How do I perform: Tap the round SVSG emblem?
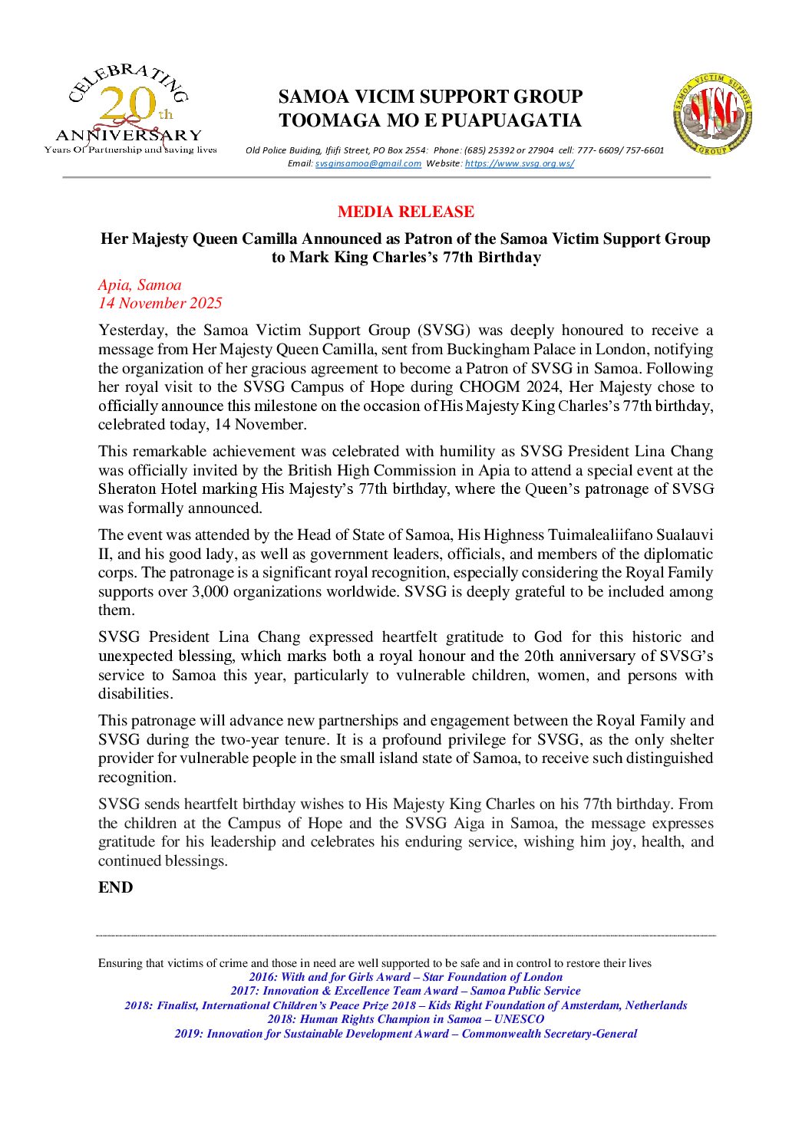[x=712, y=113]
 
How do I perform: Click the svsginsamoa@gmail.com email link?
[x=368, y=163]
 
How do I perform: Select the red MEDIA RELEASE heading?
[x=406, y=212]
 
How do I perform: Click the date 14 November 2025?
[x=160, y=303]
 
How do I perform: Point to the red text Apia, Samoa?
[x=140, y=285]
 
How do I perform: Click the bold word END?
[x=115, y=887]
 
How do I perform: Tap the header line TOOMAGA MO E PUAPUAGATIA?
[x=430, y=120]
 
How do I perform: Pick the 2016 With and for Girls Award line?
[x=405, y=977]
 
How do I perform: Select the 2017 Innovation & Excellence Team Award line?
[x=405, y=991]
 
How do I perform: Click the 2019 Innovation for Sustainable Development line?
[x=405, y=1034]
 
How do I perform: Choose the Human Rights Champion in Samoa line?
[x=405, y=1019]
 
